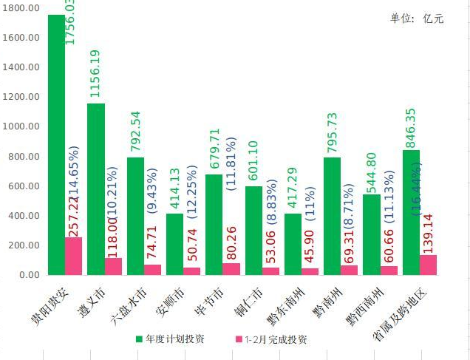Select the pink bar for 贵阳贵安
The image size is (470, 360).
tap(73, 256)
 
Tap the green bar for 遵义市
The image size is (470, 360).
tap(95, 189)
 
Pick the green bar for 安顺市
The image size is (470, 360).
tap(175, 244)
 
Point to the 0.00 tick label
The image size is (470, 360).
tap(29, 275)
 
